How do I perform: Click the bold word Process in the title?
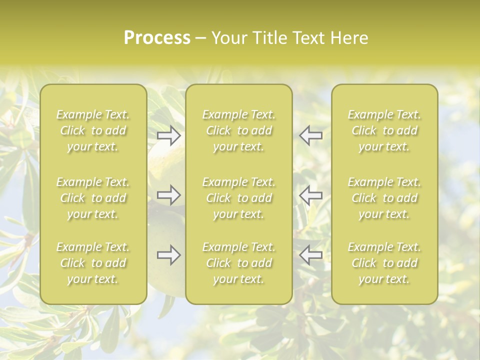point(157,38)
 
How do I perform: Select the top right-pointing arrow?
point(169,135)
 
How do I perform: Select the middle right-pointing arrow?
point(169,195)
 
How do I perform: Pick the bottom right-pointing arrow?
point(169,255)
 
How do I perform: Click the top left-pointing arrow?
point(311,135)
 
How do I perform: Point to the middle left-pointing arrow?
point(311,195)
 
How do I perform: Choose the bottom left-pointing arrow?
point(311,255)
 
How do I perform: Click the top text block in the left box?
point(93,131)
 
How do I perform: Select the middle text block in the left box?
point(93,198)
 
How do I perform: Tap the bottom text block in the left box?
point(93,263)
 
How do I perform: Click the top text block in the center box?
point(238,131)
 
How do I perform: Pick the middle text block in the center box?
point(238,198)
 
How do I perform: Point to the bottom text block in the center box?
point(238,263)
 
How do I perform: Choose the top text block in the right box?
point(384,131)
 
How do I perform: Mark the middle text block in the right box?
point(384,198)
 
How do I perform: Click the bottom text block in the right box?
point(384,263)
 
